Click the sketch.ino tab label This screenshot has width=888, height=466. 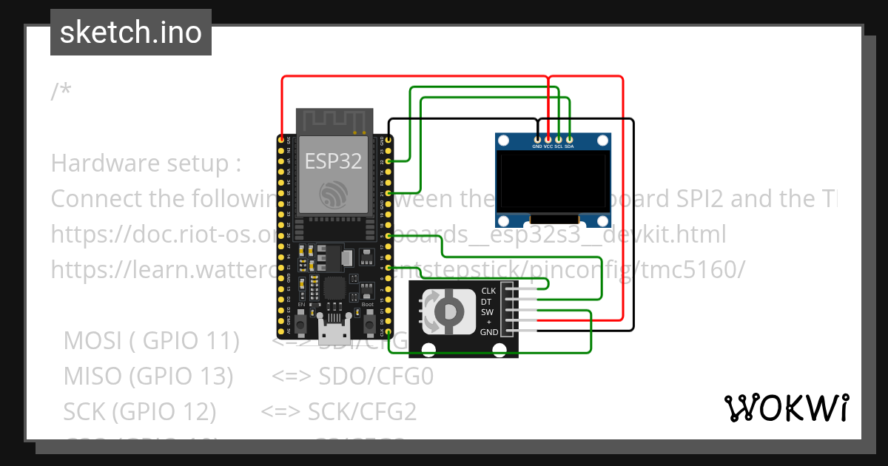pyautogui.click(x=130, y=33)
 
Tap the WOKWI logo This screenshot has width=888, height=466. pyautogui.click(x=786, y=408)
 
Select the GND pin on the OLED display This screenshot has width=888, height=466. pyautogui.click(x=537, y=138)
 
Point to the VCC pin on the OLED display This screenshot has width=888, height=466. pyautogui.click(x=548, y=138)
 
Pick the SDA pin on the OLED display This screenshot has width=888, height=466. pyautogui.click(x=569, y=138)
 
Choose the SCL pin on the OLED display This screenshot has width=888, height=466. pyautogui.click(x=559, y=138)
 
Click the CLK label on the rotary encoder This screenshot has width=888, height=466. pyautogui.click(x=488, y=291)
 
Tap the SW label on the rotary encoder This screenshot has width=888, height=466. pyautogui.click(x=488, y=311)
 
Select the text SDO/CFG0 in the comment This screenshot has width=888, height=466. pyautogui.click(x=376, y=376)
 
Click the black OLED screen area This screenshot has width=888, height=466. pyautogui.click(x=554, y=181)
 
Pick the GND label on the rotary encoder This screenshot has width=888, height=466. pyautogui.click(x=488, y=332)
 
